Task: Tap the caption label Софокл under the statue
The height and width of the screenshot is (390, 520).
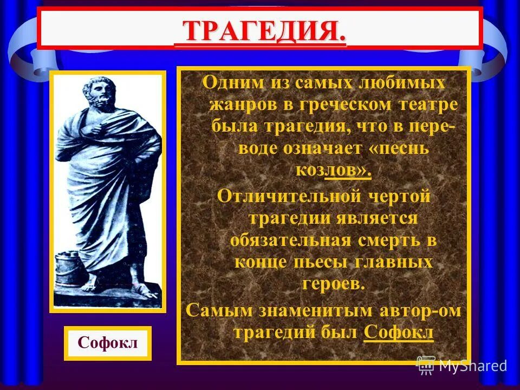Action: (x=107, y=343)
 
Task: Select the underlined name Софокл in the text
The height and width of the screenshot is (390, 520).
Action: (x=399, y=332)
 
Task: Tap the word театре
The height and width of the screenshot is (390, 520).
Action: (x=428, y=105)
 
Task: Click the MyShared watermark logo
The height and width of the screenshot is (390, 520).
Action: (x=461, y=366)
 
